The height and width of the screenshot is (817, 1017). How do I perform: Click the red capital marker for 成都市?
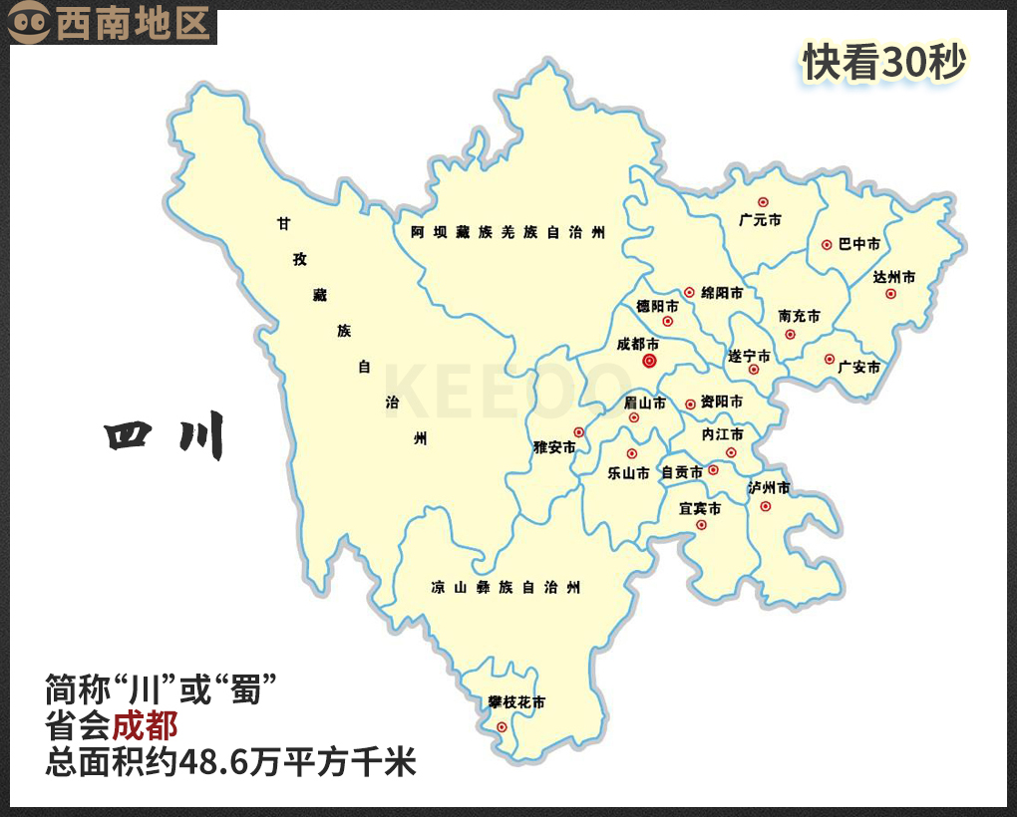pyautogui.click(x=649, y=362)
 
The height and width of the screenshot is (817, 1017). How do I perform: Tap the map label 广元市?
pyautogui.click(x=760, y=220)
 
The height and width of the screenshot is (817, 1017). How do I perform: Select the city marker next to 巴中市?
pyautogui.click(x=827, y=244)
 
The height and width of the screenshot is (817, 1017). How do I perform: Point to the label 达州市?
pyautogui.click(x=893, y=277)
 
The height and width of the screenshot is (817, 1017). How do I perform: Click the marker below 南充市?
pyautogui.click(x=790, y=334)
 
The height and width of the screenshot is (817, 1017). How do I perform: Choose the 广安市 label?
pyautogui.click(x=859, y=367)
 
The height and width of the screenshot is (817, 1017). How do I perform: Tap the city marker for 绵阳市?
pyautogui.click(x=689, y=293)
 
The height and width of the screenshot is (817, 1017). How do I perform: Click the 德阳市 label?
pyautogui.click(x=657, y=306)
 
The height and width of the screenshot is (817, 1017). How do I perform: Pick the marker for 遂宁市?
pyautogui.click(x=754, y=369)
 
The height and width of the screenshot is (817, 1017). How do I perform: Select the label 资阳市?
pyautogui.click(x=721, y=402)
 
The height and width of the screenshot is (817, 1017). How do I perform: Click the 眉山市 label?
pyautogui.click(x=644, y=403)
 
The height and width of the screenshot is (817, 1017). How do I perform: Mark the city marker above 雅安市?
pyautogui.click(x=578, y=431)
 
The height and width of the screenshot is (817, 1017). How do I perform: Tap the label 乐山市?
pyautogui.click(x=628, y=473)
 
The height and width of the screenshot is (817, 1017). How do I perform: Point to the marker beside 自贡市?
pyautogui.click(x=713, y=470)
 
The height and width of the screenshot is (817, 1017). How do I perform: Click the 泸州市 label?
pyautogui.click(x=769, y=488)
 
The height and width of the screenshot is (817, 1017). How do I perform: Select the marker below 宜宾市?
pyautogui.click(x=701, y=525)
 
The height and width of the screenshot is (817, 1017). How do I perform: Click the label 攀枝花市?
pyautogui.click(x=516, y=702)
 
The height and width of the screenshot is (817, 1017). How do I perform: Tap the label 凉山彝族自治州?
pyautogui.click(x=506, y=587)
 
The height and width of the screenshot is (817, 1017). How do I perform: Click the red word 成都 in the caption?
pyautogui.click(x=145, y=724)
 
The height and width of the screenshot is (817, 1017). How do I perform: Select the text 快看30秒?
pyautogui.click(x=885, y=63)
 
